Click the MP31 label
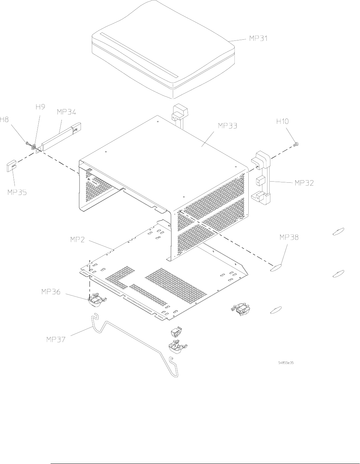(258, 38)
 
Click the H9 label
(40, 107)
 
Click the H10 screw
(294, 145)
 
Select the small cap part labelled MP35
(12, 167)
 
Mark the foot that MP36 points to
(95, 300)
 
